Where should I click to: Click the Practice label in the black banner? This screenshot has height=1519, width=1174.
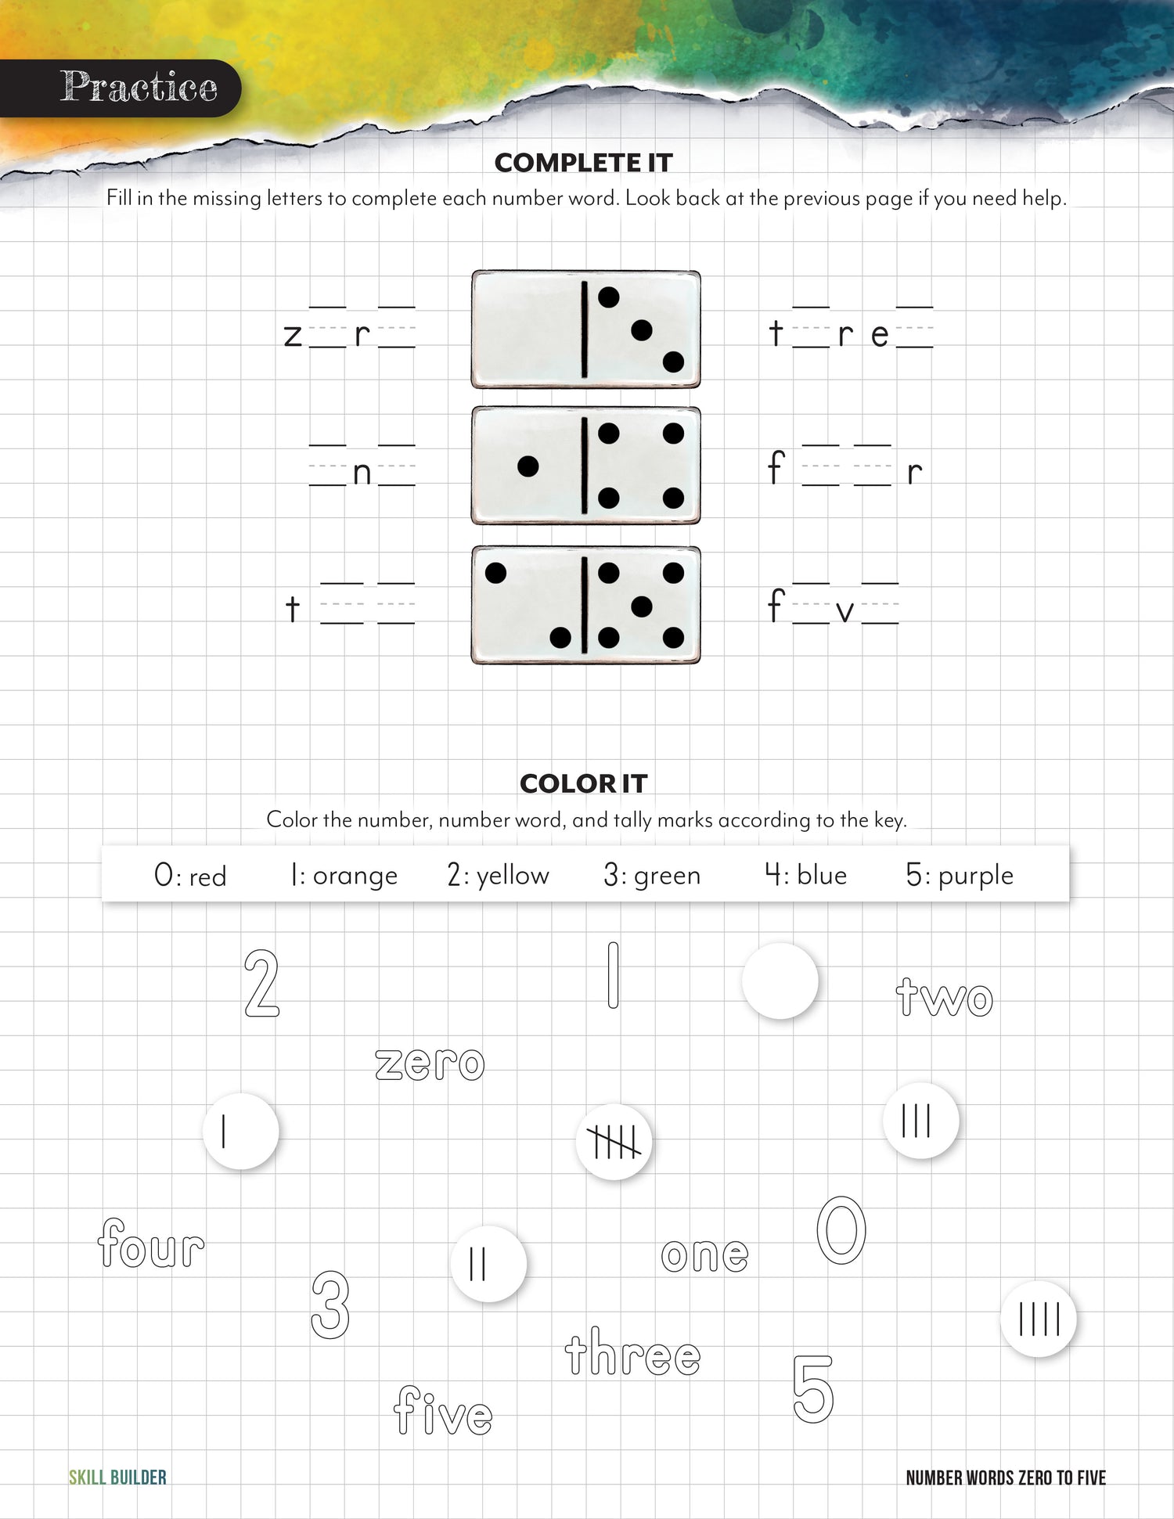[x=139, y=87]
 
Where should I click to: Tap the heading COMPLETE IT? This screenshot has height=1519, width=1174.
[x=583, y=163]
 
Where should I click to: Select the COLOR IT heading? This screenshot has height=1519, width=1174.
[x=583, y=783]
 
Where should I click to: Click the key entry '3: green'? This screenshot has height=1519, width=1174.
[x=652, y=875]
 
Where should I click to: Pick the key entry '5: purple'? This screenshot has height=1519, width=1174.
[x=959, y=875]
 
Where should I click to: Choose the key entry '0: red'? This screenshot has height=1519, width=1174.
[x=190, y=875]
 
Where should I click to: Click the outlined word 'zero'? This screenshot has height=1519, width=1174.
[x=430, y=1064]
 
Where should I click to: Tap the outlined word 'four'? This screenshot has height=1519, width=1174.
[x=152, y=1244]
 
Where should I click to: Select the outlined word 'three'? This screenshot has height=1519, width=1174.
[x=632, y=1352]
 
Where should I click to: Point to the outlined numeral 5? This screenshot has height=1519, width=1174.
[x=813, y=1389]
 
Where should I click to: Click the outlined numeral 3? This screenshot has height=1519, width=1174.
[x=330, y=1304]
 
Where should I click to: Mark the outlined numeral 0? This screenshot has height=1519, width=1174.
[x=841, y=1229]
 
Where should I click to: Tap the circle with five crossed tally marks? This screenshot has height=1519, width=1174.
[x=614, y=1142]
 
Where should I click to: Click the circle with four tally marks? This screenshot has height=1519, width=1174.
[x=1039, y=1319]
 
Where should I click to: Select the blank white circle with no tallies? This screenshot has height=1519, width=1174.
[x=780, y=981]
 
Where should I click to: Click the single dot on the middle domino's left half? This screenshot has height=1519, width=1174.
[x=528, y=466]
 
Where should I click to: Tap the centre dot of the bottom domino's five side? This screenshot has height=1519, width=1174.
[x=641, y=607]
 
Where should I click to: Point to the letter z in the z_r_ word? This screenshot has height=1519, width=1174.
[x=293, y=336]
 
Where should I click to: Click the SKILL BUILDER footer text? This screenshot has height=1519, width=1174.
[x=117, y=1478]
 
